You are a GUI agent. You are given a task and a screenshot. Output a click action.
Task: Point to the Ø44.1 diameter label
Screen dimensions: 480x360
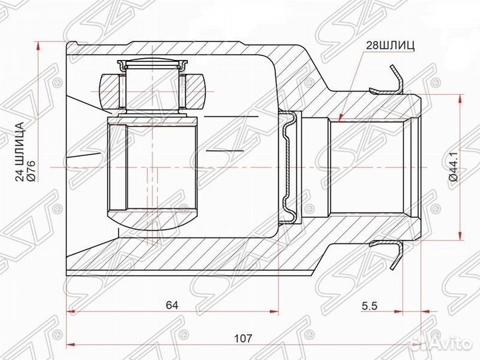tap(454, 167)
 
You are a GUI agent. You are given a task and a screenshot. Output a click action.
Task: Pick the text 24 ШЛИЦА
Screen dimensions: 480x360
tap(20, 152)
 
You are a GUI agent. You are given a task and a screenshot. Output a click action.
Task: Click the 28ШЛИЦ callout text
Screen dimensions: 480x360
tap(390, 45)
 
